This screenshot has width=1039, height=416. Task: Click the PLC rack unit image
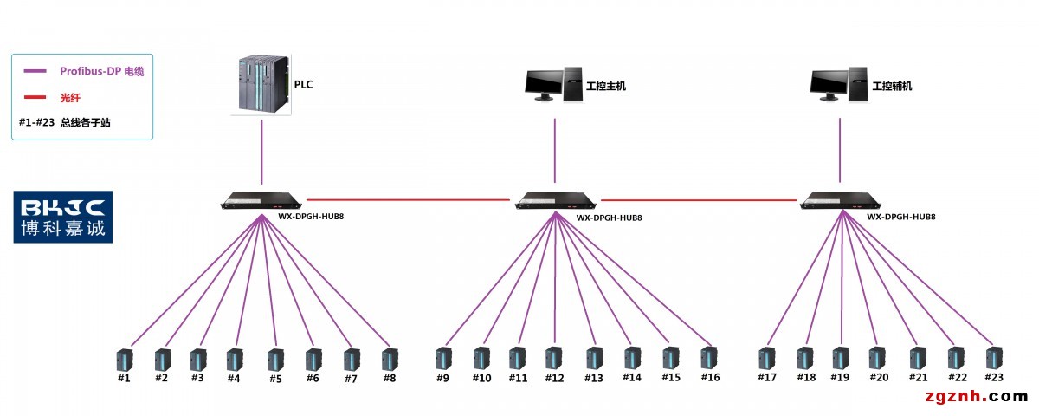(262, 84)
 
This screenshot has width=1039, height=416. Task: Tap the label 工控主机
(605, 87)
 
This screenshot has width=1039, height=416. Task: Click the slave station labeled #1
(124, 358)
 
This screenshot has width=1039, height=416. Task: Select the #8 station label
(389, 378)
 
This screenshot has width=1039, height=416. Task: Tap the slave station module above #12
(553, 358)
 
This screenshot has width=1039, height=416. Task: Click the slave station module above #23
(994, 358)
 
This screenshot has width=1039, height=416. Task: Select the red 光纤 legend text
(69, 97)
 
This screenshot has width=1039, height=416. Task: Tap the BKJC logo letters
(62, 207)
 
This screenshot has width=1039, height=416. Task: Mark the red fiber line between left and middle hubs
(407, 199)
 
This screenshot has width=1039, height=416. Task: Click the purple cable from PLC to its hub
(262, 156)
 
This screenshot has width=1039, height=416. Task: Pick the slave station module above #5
(275, 359)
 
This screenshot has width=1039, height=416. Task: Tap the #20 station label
(879, 378)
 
